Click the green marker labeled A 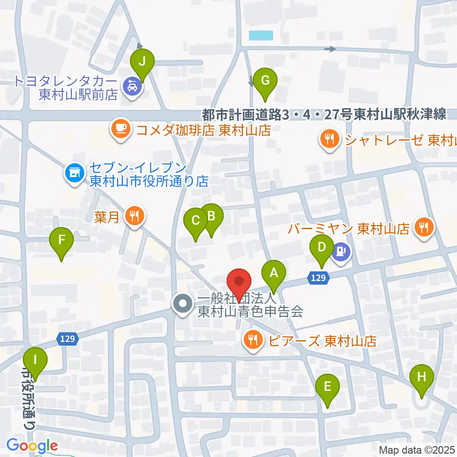pyautogui.click(x=274, y=274)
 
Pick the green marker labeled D pyautogui.click(x=322, y=248)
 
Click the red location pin pyautogui.click(x=239, y=282)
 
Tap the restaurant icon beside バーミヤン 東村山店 pyautogui.click(x=422, y=227)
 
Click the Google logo pyautogui.click(x=32, y=446)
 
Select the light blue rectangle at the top pyautogui.click(x=261, y=35)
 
